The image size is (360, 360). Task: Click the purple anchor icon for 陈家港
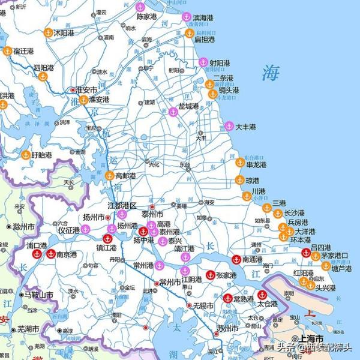140,7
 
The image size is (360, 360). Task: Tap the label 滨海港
202,18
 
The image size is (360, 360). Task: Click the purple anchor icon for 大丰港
229,127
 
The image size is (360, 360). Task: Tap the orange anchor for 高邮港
109,176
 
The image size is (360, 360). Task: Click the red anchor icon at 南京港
52,254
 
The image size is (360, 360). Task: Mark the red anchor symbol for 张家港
210,275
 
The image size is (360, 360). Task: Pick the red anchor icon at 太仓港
262,295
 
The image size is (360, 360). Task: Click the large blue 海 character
271,74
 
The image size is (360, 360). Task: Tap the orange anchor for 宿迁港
8,51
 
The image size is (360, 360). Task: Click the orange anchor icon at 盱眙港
26,155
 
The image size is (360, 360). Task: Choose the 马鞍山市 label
39,295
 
